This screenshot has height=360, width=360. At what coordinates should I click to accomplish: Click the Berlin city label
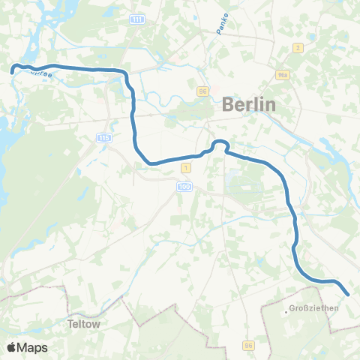[x=249, y=105]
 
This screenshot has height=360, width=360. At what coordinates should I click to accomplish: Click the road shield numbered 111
[x=136, y=19]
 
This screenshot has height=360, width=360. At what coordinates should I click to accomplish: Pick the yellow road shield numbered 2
[x=298, y=48]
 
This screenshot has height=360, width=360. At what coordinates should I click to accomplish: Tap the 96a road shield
[x=283, y=74]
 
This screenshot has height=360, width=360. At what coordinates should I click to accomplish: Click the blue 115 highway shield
[x=103, y=139]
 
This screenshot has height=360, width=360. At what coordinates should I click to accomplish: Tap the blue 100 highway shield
[x=185, y=185]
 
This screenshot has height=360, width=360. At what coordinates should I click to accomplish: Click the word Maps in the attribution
[x=32, y=347]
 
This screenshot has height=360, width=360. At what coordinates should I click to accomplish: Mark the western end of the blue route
[x=13, y=70]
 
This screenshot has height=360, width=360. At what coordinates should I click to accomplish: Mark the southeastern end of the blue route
[x=348, y=294]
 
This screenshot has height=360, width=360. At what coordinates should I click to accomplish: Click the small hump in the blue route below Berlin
[x=220, y=143]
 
